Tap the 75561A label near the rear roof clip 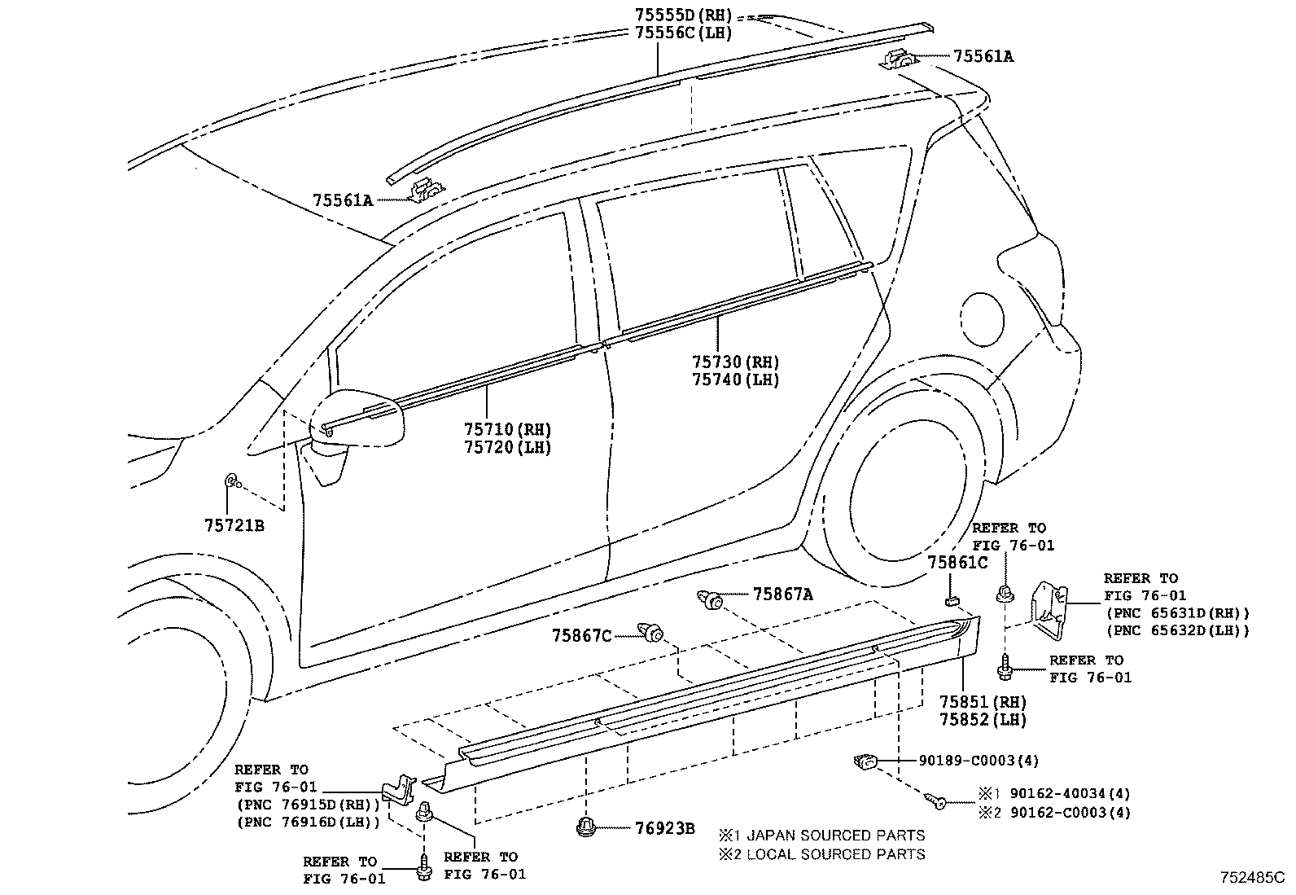(x=983, y=56)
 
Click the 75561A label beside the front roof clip (x=342, y=200)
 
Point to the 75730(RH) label (x=735, y=362)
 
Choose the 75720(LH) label (x=507, y=447)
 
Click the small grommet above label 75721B (x=231, y=482)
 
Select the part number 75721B (x=234, y=525)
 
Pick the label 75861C (x=957, y=562)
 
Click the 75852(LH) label (x=983, y=720)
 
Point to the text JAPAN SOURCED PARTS (x=835, y=835)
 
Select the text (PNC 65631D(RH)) (x=1176, y=612)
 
